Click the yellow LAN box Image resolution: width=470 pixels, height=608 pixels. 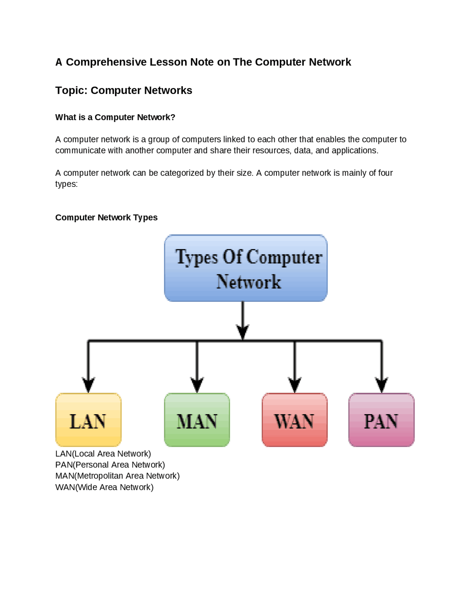point(88,420)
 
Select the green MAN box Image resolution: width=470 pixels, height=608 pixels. point(197,420)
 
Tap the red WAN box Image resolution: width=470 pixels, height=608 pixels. point(294,420)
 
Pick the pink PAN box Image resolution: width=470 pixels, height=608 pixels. point(381,420)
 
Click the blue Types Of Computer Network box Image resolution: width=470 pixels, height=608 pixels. point(246,268)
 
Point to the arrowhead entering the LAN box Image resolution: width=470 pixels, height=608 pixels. point(88,385)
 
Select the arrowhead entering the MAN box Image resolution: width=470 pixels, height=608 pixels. point(197,385)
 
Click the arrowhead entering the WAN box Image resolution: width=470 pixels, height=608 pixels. point(294,385)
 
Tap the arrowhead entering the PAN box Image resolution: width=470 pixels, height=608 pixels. point(382,385)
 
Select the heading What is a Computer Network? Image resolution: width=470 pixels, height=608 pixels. point(115,117)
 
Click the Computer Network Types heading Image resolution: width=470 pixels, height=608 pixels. point(106,217)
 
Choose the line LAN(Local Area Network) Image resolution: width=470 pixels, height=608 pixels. point(103,454)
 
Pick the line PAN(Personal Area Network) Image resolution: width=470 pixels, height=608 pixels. point(110,465)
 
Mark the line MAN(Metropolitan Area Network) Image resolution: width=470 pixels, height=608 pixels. point(117,476)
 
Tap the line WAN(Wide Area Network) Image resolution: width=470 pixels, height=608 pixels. point(104,487)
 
